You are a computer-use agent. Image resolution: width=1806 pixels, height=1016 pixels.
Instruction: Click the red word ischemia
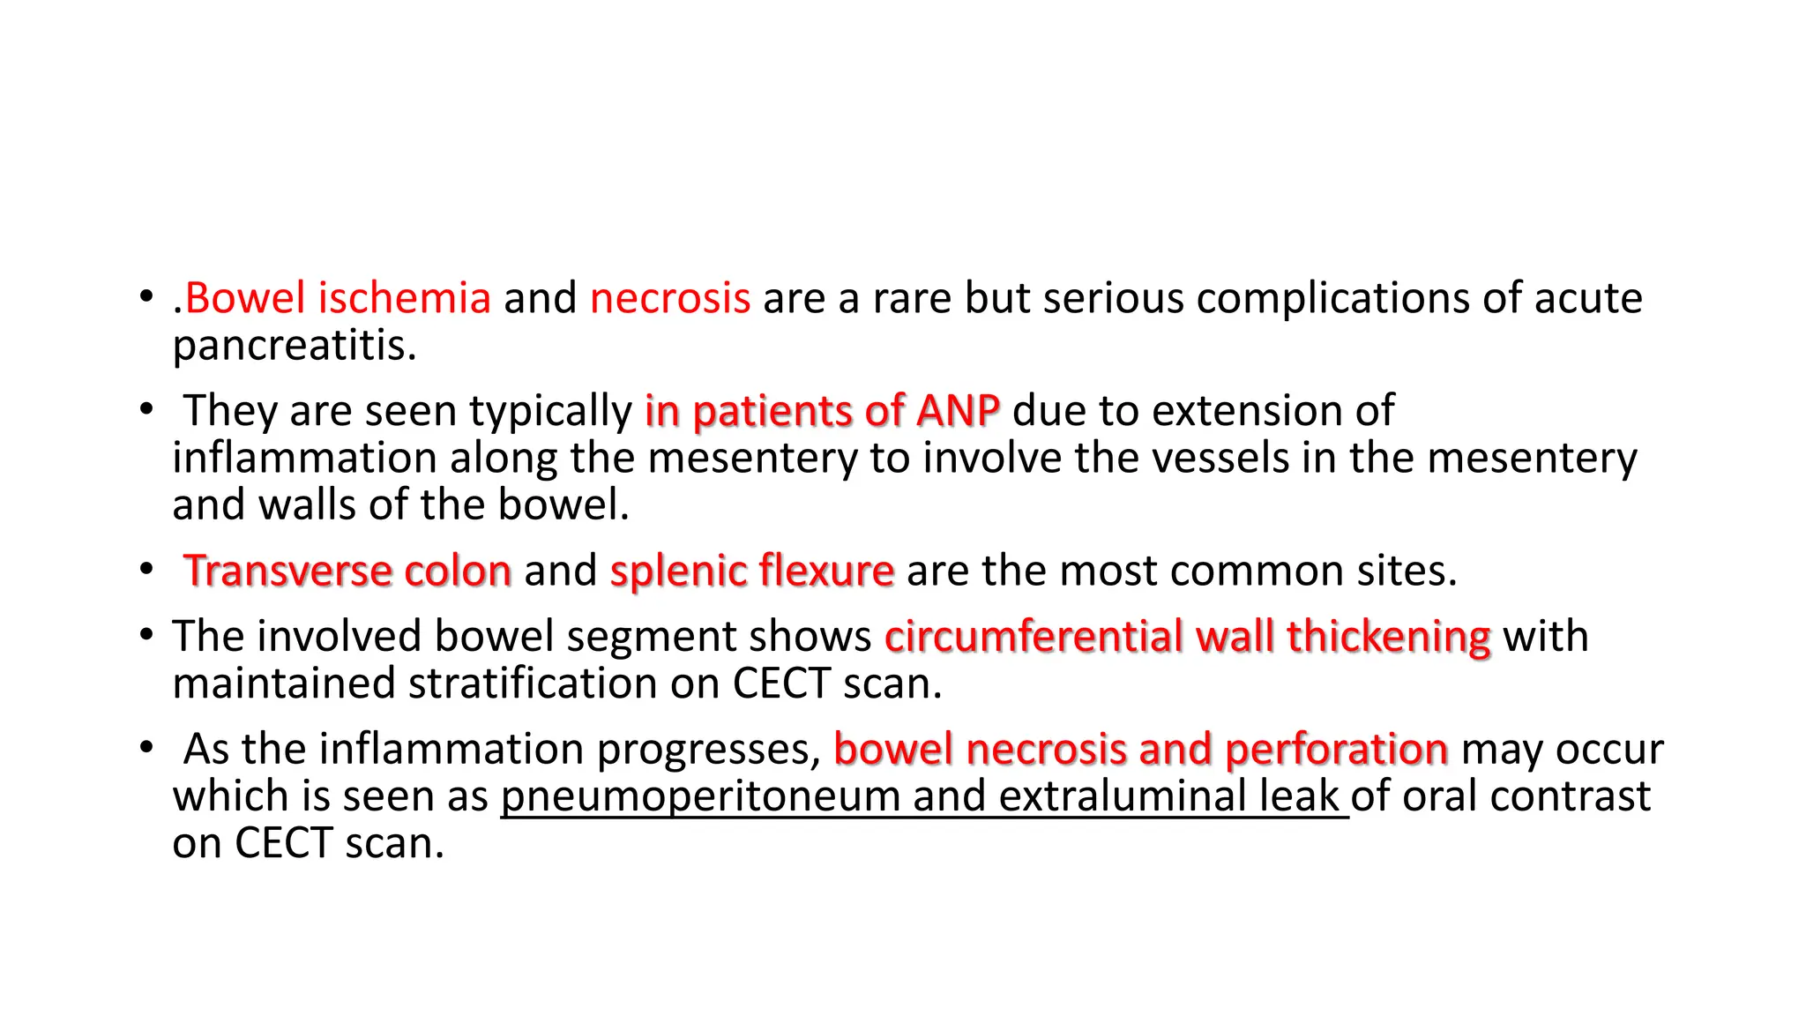pos(404,298)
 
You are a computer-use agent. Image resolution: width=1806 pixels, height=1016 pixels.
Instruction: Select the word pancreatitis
pos(294,345)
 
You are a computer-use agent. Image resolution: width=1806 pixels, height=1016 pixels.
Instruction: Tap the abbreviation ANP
pos(957,411)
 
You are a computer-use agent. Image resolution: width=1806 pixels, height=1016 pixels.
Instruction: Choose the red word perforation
pos(1336,749)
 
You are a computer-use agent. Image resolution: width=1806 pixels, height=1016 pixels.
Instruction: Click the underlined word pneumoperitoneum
pos(700,796)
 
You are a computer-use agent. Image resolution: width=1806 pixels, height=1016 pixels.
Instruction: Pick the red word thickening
pos(1388,636)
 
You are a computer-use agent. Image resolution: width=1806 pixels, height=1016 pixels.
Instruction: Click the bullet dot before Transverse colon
pos(146,570)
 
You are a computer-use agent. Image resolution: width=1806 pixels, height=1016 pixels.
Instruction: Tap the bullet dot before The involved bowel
pos(146,635)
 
